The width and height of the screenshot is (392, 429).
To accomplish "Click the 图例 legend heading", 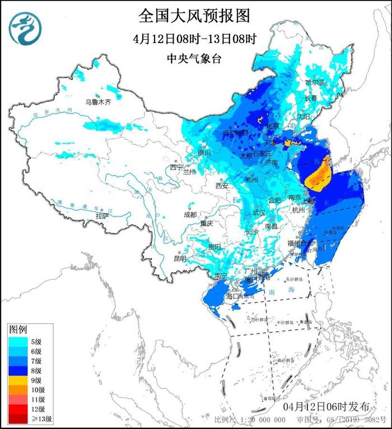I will tap(18, 329).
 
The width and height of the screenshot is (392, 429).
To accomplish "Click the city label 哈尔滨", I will tap(315, 82).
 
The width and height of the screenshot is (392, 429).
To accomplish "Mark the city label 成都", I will tap(190, 215).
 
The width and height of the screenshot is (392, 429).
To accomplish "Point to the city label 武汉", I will tap(259, 213).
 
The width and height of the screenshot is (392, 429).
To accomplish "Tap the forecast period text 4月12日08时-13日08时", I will tap(195, 39).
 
